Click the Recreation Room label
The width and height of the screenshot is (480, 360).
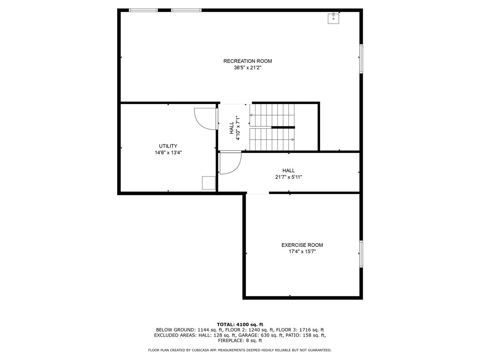pyautogui.click(x=248, y=61)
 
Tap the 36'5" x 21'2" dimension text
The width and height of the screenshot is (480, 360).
pyautogui.click(x=248, y=68)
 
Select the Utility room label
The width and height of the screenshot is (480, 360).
pyautogui.click(x=168, y=146)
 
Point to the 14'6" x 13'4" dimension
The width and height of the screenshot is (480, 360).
pyautogui.click(x=168, y=152)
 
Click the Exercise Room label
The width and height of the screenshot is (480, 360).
pyautogui.click(x=302, y=245)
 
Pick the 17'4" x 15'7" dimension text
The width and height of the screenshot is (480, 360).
pyautogui.click(x=302, y=252)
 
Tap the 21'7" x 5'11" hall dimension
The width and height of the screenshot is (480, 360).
pyautogui.click(x=288, y=177)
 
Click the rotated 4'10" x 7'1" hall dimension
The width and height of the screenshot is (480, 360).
pyautogui.click(x=238, y=128)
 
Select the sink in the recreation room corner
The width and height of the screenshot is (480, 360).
pyautogui.click(x=333, y=18)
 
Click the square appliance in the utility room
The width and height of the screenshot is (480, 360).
pyautogui.click(x=208, y=183)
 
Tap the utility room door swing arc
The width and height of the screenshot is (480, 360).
pyautogui.click(x=205, y=119)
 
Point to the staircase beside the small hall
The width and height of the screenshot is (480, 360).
pyautogui.click(x=272, y=127)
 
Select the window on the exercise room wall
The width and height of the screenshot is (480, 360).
pyautogui.click(x=361, y=254)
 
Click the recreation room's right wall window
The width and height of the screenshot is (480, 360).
pyautogui.click(x=361, y=59)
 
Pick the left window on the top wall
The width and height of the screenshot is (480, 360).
pyautogui.click(x=143, y=10)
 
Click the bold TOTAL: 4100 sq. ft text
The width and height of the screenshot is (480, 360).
pyautogui.click(x=240, y=324)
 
